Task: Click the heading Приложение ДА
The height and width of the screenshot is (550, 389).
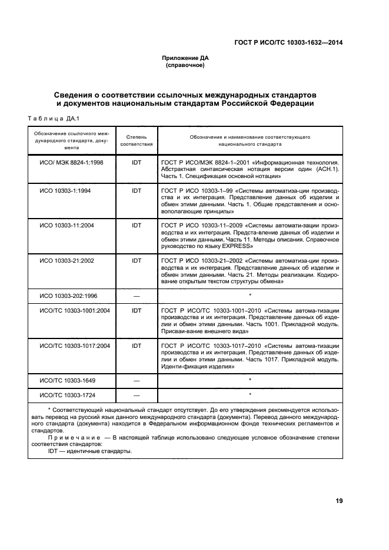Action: click(x=185, y=58)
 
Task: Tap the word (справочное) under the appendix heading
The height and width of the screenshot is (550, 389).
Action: click(x=185, y=65)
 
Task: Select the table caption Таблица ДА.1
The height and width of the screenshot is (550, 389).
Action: click(x=54, y=119)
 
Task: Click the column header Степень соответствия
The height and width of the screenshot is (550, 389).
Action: click(x=137, y=140)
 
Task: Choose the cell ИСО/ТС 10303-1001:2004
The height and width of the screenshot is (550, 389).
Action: click(x=75, y=310)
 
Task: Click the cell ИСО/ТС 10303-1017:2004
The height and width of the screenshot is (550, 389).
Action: click(x=75, y=346)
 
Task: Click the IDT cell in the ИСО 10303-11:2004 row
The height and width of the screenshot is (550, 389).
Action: click(x=137, y=225)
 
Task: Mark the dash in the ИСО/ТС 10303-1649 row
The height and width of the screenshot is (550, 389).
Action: click(x=137, y=381)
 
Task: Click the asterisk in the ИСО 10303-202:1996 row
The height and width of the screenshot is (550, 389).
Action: click(x=250, y=294)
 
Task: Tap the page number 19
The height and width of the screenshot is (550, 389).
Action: click(x=339, y=501)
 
